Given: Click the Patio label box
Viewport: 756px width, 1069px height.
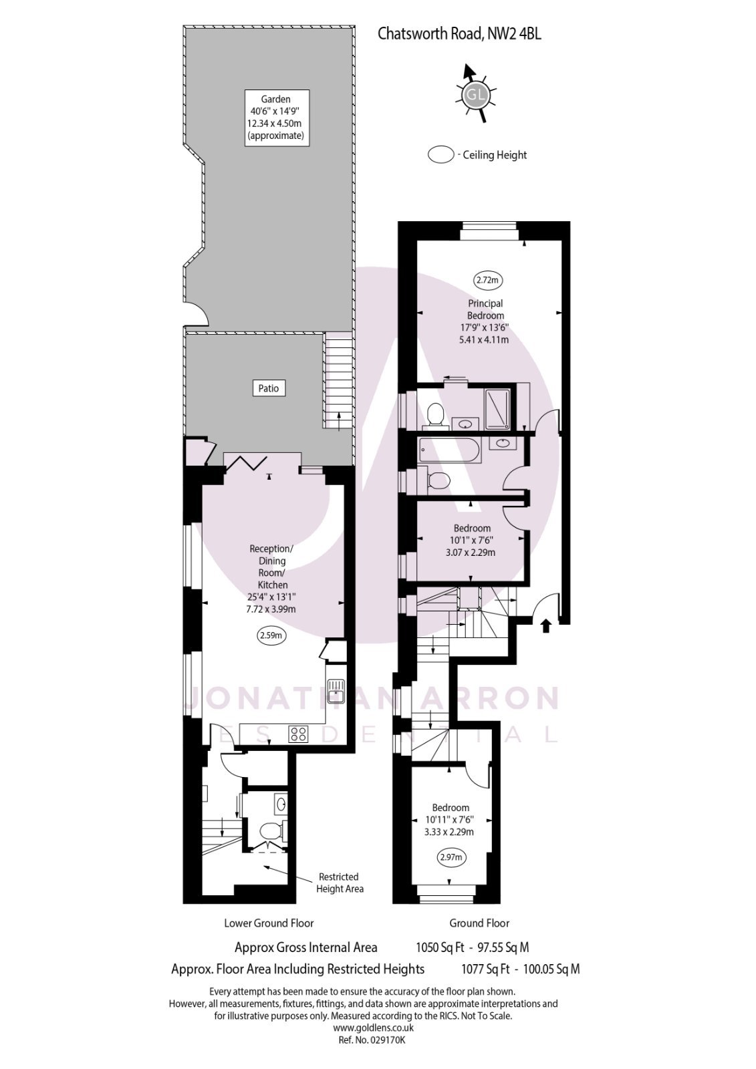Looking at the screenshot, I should tap(268, 388).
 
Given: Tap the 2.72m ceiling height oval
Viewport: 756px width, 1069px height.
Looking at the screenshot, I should tap(488, 280).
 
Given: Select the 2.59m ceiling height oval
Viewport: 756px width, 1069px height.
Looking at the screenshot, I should tap(271, 635).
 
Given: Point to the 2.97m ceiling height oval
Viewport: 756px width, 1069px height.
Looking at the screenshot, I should tap(451, 857).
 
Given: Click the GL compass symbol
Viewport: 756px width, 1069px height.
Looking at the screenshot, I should tap(475, 94).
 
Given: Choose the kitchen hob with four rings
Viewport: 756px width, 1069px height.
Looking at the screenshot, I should tap(298, 734).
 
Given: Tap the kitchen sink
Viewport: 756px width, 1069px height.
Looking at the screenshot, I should tap(335, 691).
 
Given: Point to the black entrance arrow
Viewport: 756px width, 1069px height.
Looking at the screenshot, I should tap(545, 625).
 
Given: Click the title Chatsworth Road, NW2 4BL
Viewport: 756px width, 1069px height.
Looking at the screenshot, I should tap(459, 33).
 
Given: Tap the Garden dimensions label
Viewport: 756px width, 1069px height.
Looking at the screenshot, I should tap(275, 118).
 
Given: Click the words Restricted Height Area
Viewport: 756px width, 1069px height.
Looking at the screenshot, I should tap(339, 882).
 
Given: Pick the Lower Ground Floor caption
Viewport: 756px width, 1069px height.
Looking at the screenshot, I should tap(269, 923).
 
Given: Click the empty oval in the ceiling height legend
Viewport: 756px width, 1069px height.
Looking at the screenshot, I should tap(440, 155).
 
